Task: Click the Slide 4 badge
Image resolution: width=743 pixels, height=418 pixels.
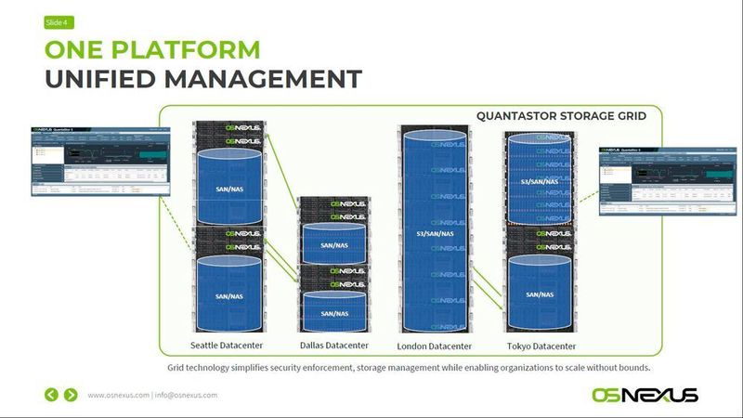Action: tap(58, 22)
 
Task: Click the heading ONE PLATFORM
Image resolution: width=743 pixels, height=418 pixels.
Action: tap(153, 49)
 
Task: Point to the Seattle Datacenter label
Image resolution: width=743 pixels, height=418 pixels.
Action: tap(228, 346)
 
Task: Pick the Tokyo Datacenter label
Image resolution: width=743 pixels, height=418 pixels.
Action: tap(541, 346)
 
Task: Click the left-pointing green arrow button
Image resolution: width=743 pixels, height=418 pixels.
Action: tap(52, 395)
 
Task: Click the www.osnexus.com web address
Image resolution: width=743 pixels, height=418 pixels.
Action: tap(118, 395)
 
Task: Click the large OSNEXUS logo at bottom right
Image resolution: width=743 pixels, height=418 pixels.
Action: tap(645, 395)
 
